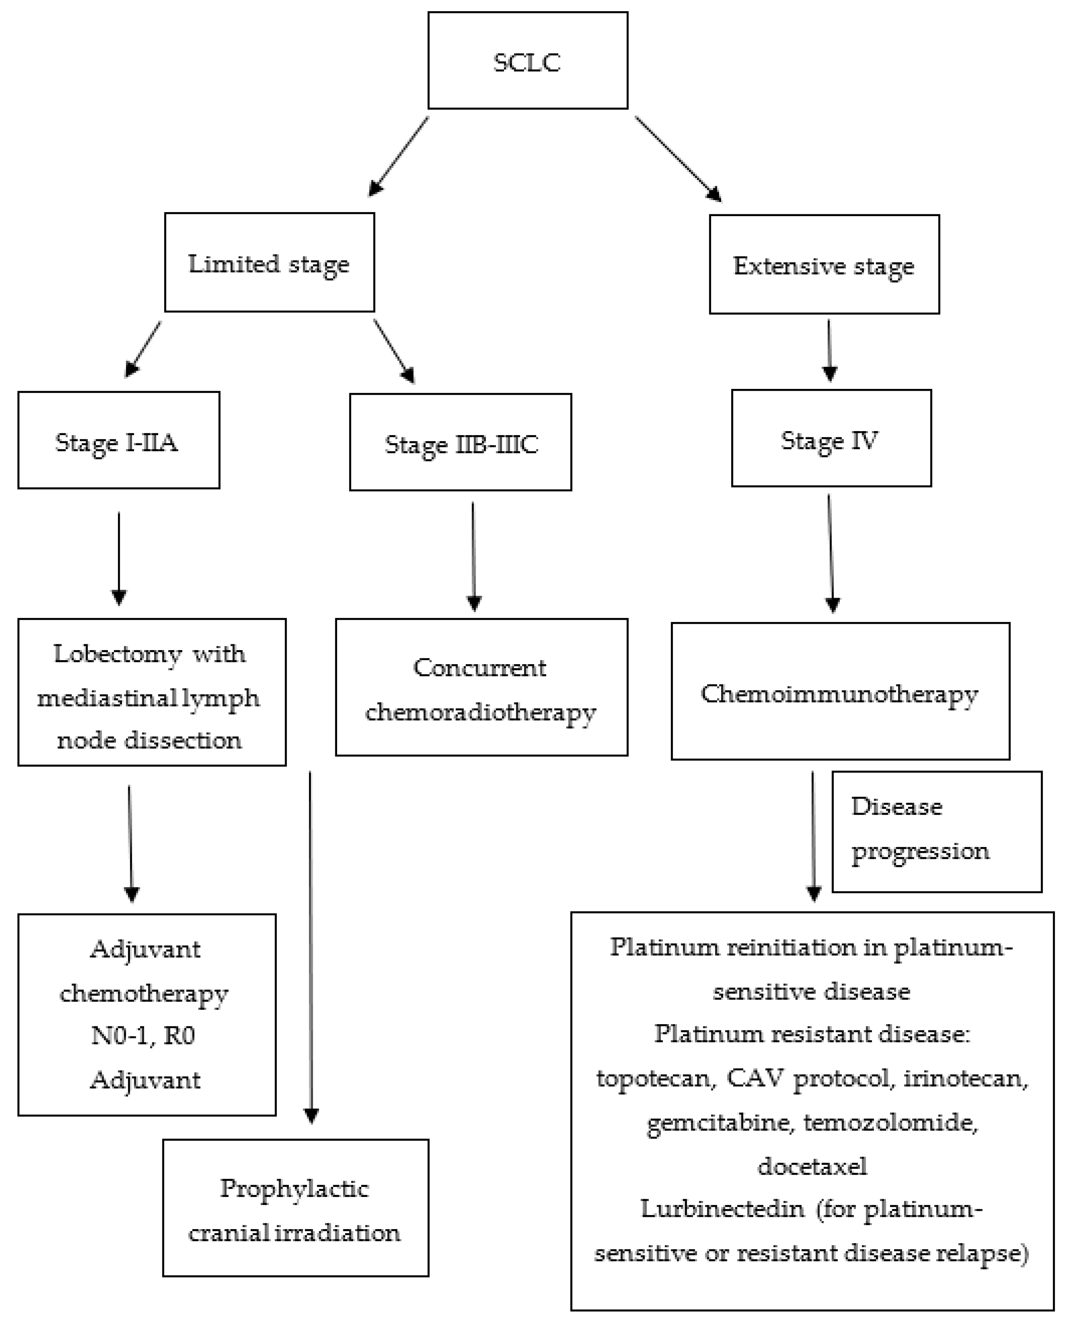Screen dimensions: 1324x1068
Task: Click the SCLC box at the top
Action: click(x=527, y=61)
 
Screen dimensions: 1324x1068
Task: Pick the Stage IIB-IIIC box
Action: click(x=460, y=442)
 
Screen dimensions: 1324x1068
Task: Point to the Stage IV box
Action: click(x=831, y=438)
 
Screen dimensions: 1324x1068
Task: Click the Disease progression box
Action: click(x=936, y=832)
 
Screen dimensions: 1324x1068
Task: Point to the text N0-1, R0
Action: click(x=143, y=1036)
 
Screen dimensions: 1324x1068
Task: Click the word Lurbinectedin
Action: click(x=722, y=1209)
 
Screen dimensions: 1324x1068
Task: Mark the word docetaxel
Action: click(x=812, y=1166)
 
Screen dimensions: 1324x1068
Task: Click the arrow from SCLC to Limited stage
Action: click(x=399, y=157)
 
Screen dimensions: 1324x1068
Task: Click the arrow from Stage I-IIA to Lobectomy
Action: click(x=119, y=557)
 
